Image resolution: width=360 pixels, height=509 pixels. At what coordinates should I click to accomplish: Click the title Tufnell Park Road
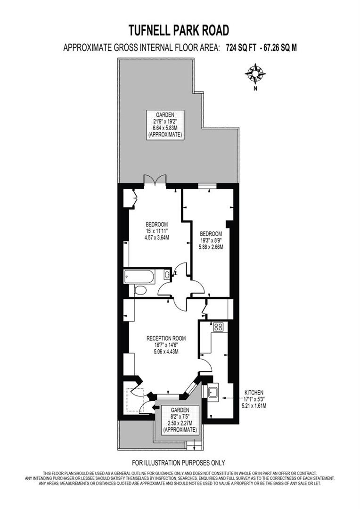tap(179, 31)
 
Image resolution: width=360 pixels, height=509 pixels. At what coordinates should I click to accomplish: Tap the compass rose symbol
tap(255, 74)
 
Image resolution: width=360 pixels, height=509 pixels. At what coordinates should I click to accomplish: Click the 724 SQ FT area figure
tap(240, 47)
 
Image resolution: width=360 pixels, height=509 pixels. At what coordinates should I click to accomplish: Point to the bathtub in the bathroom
tap(139, 276)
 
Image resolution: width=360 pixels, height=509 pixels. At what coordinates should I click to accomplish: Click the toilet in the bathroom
tap(140, 290)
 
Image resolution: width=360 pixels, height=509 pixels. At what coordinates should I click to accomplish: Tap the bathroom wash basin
tap(168, 275)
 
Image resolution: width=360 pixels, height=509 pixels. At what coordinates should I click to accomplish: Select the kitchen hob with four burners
tap(218, 327)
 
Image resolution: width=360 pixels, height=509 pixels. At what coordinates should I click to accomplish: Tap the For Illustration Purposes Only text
tap(179, 462)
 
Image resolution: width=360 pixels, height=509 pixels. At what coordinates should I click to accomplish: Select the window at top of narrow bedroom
tap(204, 186)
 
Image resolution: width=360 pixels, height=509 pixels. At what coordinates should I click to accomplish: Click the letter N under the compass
tap(255, 88)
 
